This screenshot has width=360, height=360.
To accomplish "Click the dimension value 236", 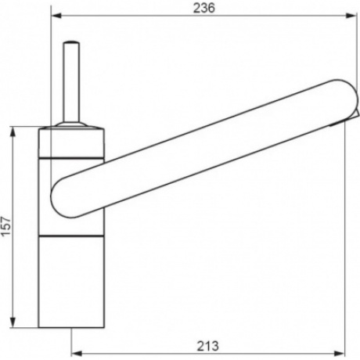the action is pyautogui.click(x=204, y=9).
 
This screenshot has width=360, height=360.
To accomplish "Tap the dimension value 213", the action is pyautogui.click(x=207, y=346).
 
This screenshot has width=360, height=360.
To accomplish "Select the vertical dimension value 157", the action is pyautogui.click(x=6, y=226).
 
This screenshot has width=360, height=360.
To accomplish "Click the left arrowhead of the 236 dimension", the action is pyautogui.click(x=56, y=16).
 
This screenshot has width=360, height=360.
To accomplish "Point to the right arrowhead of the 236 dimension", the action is pyautogui.click(x=351, y=16).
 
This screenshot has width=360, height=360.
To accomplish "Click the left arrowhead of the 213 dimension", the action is pyautogui.click(x=77, y=354).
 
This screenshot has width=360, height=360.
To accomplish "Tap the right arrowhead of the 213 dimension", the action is pyautogui.click(x=340, y=354).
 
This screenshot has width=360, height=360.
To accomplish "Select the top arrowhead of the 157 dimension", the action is pyautogui.click(x=13, y=132).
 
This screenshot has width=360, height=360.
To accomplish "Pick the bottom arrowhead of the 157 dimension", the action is pyautogui.click(x=13, y=322).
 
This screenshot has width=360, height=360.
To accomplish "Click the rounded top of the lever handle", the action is pyautogui.click(x=71, y=42).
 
